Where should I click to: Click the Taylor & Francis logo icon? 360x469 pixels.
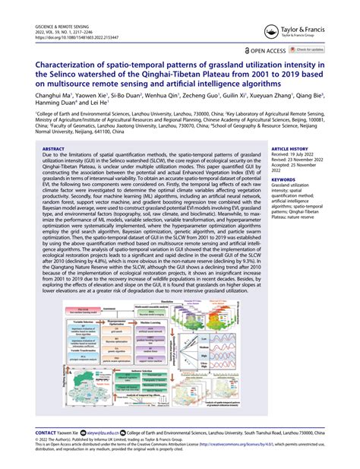click(x=270, y=31)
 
